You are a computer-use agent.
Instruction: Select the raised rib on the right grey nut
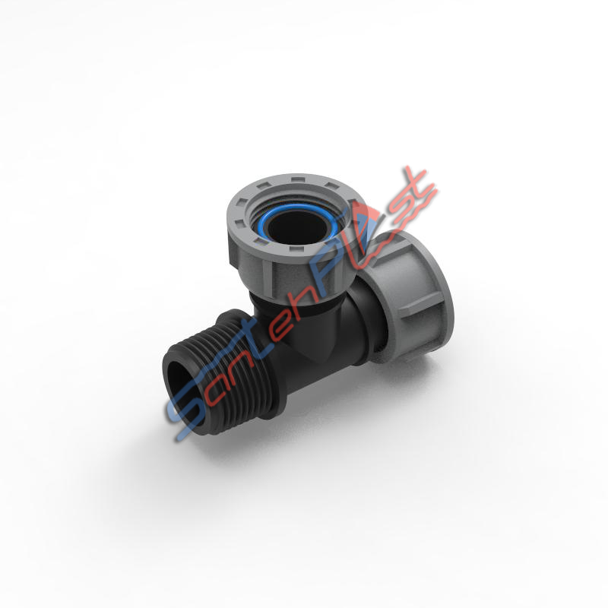point(421,306)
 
